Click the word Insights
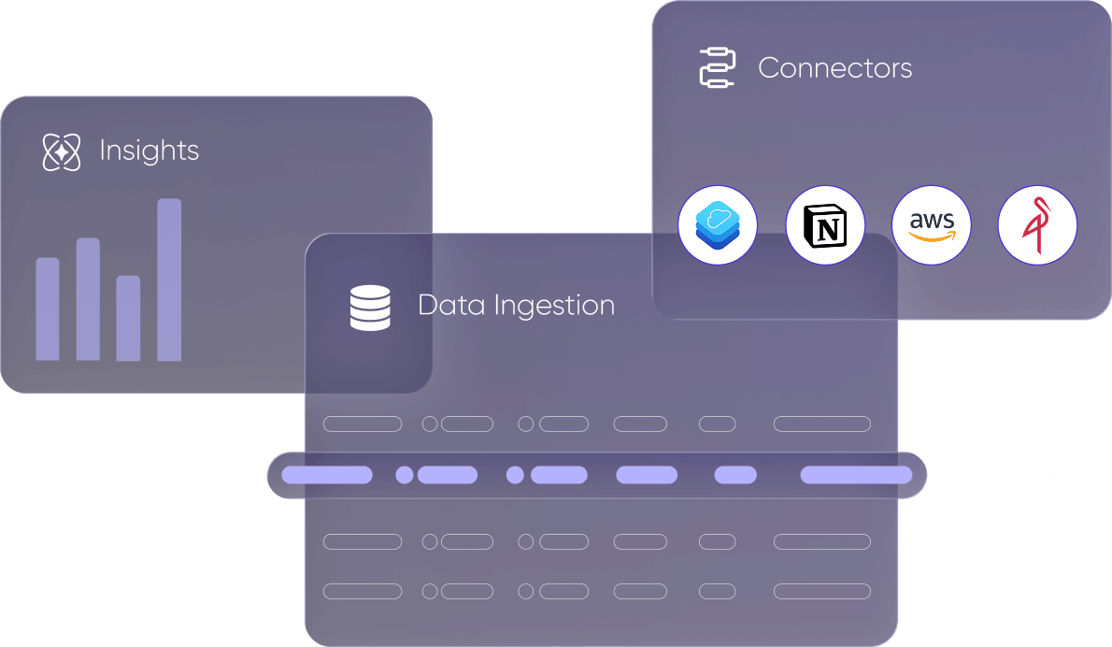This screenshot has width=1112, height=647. [149, 151]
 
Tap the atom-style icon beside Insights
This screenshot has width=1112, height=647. [62, 151]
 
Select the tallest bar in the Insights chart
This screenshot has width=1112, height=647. [169, 280]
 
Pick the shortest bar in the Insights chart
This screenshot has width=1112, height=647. [128, 318]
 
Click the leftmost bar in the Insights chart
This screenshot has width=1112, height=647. [48, 309]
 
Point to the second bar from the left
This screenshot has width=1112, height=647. [88, 299]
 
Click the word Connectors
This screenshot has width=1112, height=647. [834, 67]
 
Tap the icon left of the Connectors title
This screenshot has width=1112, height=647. [718, 68]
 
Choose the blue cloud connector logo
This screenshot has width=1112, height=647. [718, 225]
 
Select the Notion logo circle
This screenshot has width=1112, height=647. [825, 225]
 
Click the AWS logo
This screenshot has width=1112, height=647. [932, 225]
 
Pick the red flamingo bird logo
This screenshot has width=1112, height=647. [1037, 225]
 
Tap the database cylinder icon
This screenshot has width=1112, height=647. [370, 309]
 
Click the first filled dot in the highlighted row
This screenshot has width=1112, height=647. [405, 475]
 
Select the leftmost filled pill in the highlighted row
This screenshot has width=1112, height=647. [327, 475]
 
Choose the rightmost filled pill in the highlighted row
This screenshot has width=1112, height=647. [856, 475]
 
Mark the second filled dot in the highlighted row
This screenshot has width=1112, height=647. [515, 475]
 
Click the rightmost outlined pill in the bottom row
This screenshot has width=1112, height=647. [822, 591]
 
